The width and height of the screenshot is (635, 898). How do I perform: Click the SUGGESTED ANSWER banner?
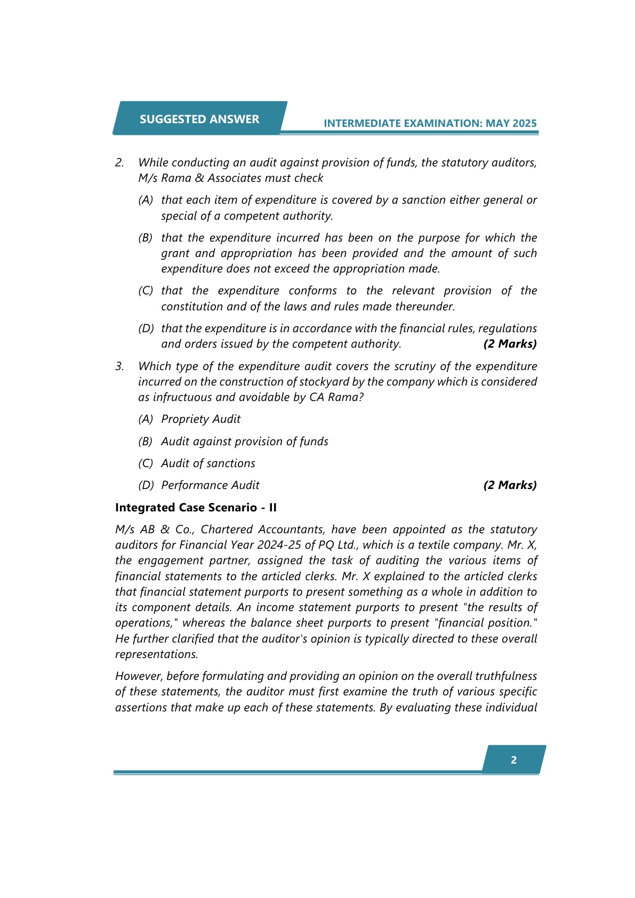pyautogui.click(x=199, y=119)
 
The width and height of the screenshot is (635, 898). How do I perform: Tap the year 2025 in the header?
pyautogui.click(x=525, y=123)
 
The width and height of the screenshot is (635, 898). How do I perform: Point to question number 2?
pyautogui.click(x=119, y=163)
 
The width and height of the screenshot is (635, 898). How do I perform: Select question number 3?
pyautogui.click(x=119, y=366)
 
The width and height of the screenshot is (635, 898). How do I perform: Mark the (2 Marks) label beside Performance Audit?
pyautogui.click(x=510, y=485)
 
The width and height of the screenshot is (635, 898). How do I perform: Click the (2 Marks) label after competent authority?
pyautogui.click(x=510, y=344)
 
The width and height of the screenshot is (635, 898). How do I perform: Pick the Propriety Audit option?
pyautogui.click(x=200, y=419)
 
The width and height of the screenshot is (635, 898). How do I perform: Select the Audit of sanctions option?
pyautogui.click(x=208, y=463)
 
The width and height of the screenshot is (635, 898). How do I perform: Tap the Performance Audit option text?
pyautogui.click(x=210, y=485)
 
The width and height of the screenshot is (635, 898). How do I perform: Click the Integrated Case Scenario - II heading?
pyautogui.click(x=196, y=508)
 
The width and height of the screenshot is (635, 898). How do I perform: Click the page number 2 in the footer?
pyautogui.click(x=513, y=760)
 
